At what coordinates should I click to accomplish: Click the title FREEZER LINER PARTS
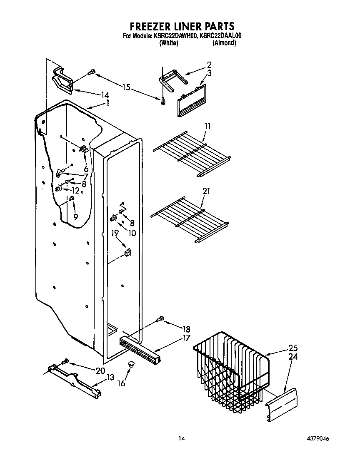[x=180, y=27]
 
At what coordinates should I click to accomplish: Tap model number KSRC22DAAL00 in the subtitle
[x=220, y=36]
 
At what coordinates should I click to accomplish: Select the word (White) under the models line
[x=169, y=43]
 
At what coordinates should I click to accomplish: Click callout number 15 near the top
[x=126, y=87]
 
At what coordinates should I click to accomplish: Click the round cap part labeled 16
[x=132, y=364]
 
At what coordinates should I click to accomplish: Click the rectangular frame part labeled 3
[x=192, y=100]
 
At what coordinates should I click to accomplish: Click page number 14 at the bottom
[x=181, y=438]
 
